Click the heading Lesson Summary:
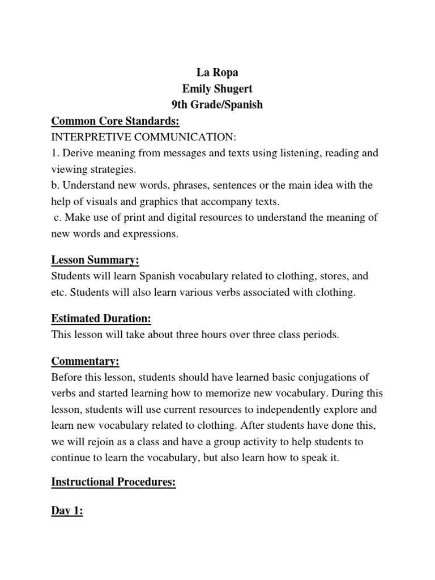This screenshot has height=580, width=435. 95,261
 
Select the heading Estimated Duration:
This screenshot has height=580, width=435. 101,318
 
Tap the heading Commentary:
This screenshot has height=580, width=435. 86,361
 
